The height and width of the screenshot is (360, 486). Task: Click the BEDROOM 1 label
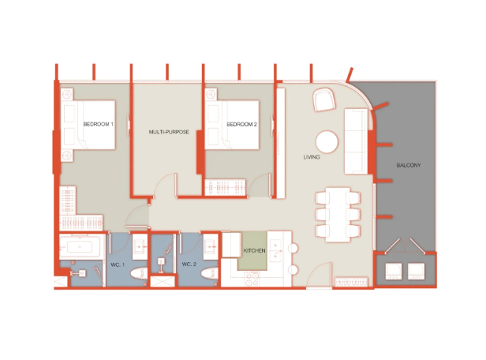click(99, 124)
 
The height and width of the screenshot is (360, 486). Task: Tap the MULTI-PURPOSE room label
click(169, 132)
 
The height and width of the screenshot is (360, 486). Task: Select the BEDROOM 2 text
click(241, 124)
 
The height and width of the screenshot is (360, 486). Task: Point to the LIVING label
click(312, 157)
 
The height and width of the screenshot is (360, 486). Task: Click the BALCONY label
click(409, 165)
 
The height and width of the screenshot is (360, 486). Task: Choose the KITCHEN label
click(255, 250)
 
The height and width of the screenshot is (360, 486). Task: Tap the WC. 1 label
click(118, 264)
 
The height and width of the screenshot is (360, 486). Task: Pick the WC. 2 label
click(189, 264)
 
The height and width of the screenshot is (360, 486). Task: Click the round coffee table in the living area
click(327, 142)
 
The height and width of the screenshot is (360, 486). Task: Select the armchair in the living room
click(324, 99)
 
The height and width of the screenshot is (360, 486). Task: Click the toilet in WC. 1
click(139, 273)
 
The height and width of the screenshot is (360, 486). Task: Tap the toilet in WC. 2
click(210, 273)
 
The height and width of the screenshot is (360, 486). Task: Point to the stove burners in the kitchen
click(252, 279)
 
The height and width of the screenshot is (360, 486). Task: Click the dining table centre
click(338, 215)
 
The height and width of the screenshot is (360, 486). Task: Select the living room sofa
click(356, 141)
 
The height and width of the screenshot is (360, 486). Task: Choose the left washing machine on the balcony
click(394, 271)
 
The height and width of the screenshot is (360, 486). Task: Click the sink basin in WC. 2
click(211, 247)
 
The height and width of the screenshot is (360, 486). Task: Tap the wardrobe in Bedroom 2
click(226, 188)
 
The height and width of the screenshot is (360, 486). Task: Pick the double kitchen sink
click(275, 250)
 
